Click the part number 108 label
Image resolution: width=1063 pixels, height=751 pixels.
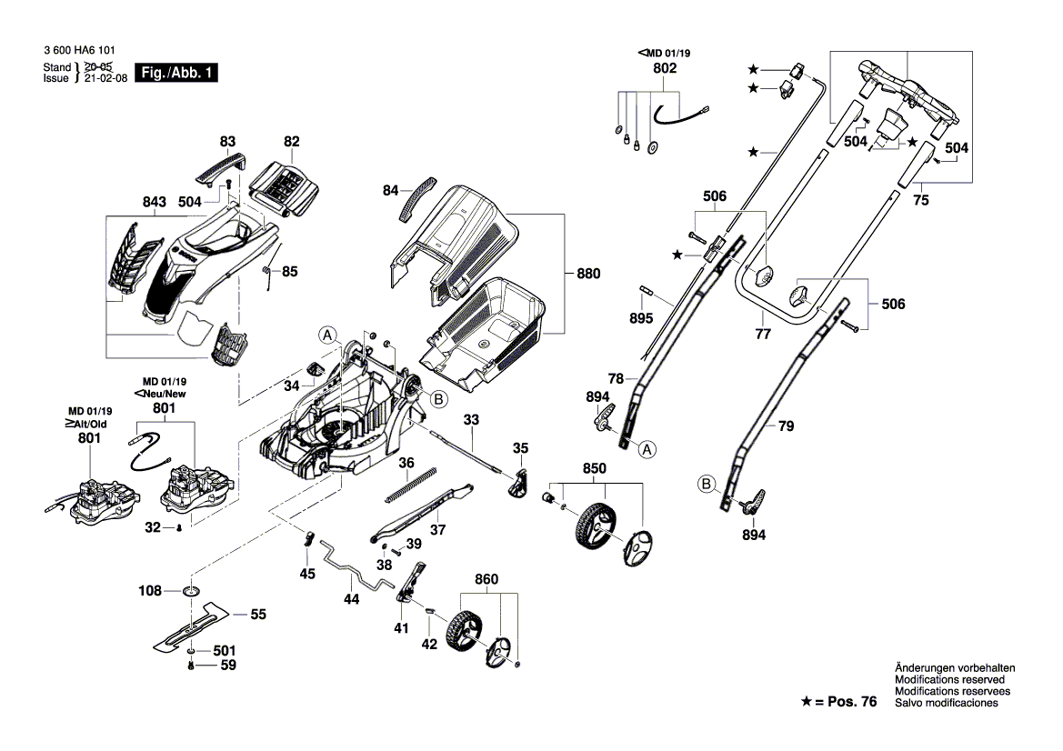[150, 591]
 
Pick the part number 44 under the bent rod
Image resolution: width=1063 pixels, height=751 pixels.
[352, 599]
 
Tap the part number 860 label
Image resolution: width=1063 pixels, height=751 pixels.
[487, 578]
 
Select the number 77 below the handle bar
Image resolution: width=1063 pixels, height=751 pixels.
[763, 335]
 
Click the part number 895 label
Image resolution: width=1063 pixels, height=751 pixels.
[641, 318]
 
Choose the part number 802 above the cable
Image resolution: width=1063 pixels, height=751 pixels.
[665, 68]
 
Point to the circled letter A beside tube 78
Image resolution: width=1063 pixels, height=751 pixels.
[647, 449]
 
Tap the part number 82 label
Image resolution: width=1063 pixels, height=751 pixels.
[291, 142]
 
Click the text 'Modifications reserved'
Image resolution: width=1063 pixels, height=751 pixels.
[949, 679]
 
